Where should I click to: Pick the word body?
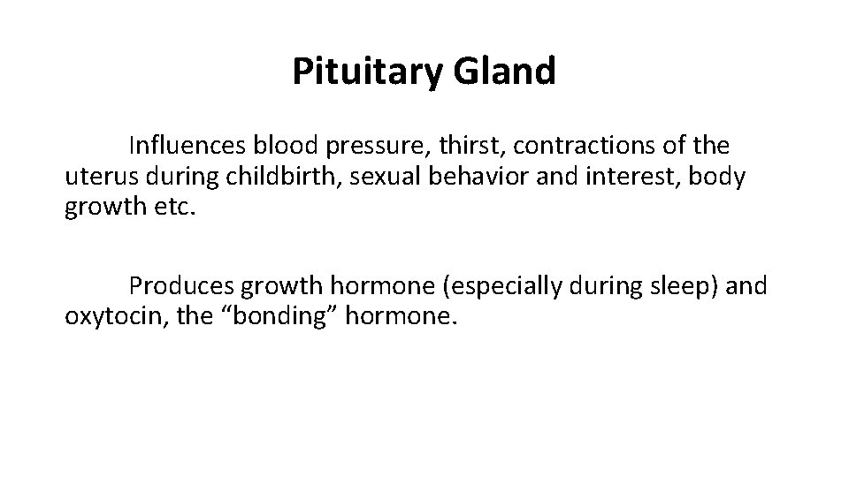tap(720, 177)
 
